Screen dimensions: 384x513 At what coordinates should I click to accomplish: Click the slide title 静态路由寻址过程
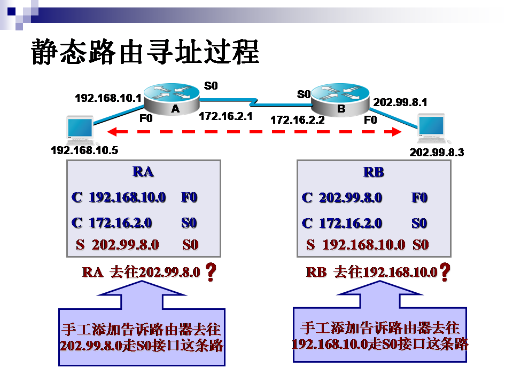click(x=145, y=52)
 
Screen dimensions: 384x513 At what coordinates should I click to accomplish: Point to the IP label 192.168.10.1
click(x=107, y=98)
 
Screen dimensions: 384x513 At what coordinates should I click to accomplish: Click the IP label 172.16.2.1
click(x=226, y=116)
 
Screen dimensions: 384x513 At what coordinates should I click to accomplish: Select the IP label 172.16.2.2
click(x=298, y=120)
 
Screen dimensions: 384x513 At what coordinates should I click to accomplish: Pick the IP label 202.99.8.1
click(x=400, y=102)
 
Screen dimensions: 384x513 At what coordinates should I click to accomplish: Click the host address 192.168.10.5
click(x=84, y=150)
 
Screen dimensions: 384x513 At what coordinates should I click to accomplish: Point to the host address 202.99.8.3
click(x=437, y=153)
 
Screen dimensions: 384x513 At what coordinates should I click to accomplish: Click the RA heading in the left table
click(x=143, y=172)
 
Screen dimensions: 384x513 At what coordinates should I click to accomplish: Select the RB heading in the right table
click(x=374, y=172)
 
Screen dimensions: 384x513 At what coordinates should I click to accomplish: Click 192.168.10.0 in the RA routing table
click(x=127, y=197)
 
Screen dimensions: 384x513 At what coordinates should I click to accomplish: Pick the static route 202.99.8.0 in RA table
click(x=126, y=245)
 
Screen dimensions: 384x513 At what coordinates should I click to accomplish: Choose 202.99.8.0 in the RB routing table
click(x=351, y=197)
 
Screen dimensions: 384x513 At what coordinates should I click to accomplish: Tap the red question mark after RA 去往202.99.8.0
click(x=211, y=272)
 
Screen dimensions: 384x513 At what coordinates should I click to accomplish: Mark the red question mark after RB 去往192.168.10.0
click(x=444, y=272)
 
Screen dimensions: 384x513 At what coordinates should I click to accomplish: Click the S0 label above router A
click(x=211, y=85)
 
